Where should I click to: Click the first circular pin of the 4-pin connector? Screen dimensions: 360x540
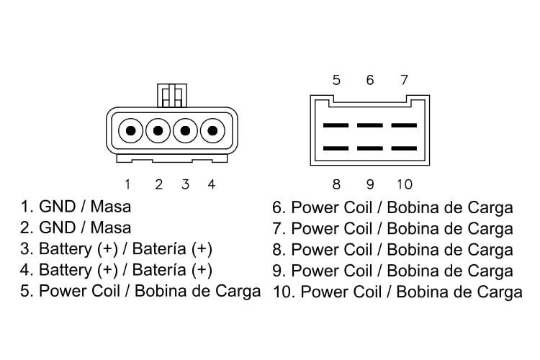131,131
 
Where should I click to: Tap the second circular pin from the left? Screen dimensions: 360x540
158,131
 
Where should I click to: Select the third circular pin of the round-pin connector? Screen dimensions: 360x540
185,131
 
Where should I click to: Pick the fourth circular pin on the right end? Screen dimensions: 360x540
212,131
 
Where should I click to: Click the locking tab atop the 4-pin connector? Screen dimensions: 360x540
172,95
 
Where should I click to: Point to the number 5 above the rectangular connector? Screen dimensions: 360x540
336,79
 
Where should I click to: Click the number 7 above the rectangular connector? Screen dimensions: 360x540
404,79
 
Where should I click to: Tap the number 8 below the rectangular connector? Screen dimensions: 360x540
336,184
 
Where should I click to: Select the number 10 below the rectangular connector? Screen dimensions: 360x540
404,184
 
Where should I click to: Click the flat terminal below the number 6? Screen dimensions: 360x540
370,125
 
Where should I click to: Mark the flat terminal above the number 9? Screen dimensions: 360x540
370,148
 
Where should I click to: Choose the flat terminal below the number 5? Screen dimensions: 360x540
336,125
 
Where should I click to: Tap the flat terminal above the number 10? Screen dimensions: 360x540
404,148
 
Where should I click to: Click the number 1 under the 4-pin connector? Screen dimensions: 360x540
127,184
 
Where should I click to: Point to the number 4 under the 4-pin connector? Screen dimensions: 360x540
211,184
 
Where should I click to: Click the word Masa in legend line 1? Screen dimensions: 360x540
113,207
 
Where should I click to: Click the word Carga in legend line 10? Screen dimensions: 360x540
497,292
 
